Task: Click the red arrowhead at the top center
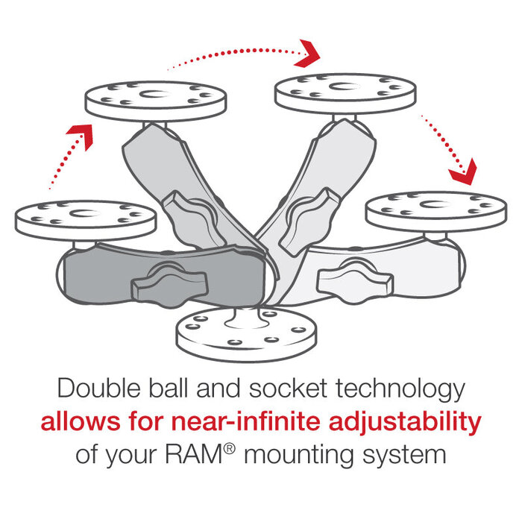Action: [307, 52]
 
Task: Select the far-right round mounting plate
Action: [435, 210]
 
